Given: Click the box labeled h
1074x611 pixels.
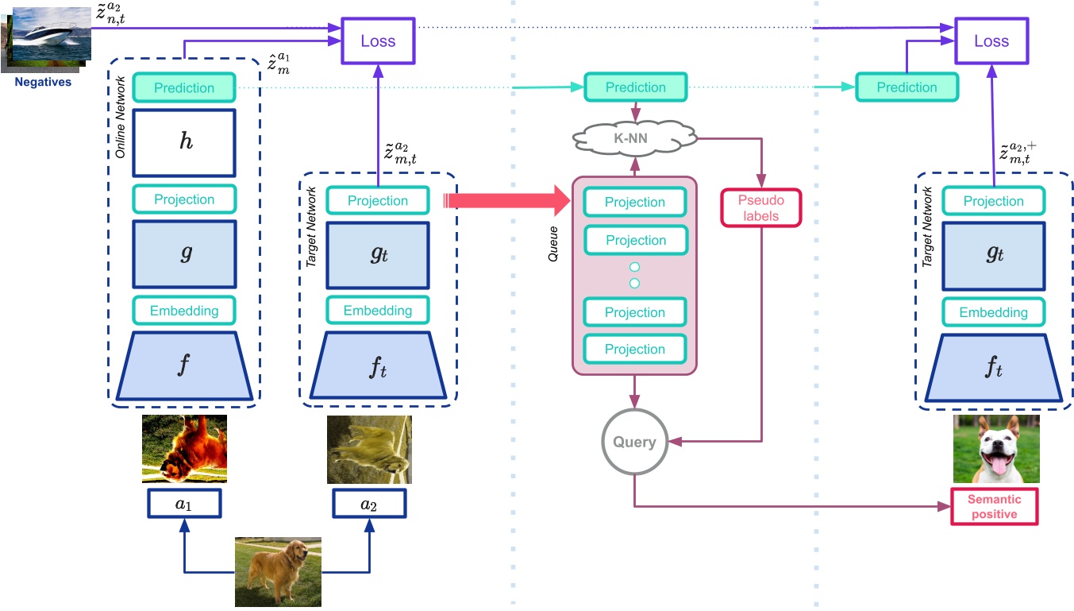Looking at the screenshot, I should [184, 143].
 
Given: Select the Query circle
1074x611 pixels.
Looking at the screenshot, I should [633, 442].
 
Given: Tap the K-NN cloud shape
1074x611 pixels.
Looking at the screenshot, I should [634, 138].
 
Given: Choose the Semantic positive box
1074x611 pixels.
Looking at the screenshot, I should [994, 507].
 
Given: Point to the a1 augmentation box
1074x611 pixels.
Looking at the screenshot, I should [184, 504].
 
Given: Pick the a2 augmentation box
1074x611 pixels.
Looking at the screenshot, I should [369, 504].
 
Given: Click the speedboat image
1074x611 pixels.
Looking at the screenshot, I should [49, 36].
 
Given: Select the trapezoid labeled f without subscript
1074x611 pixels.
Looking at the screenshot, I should [184, 367].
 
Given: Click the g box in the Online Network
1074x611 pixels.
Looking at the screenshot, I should [184, 254].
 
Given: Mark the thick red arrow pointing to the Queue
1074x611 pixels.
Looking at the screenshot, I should [508, 202].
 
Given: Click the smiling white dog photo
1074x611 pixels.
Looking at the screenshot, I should [995, 449].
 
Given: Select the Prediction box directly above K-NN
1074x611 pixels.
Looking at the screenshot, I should [635, 87].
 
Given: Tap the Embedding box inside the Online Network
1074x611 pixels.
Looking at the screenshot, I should [184, 311].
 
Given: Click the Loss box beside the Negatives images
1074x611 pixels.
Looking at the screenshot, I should [377, 41].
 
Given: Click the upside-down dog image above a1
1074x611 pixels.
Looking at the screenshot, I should [184, 449].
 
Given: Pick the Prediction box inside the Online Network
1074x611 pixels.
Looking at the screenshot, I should [184, 88].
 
